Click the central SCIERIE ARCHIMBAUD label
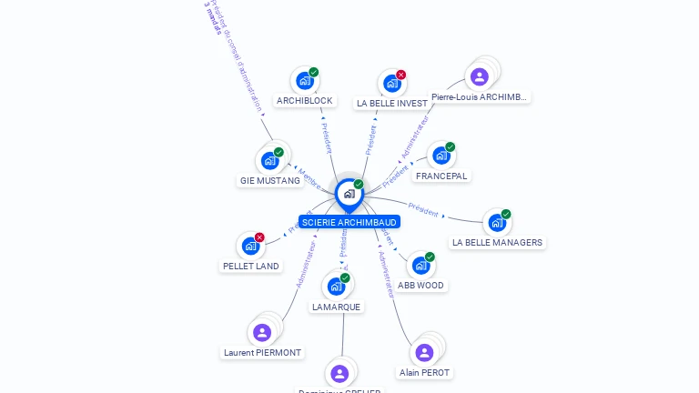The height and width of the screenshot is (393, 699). (349, 222)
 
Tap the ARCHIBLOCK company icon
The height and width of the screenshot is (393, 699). (305, 80)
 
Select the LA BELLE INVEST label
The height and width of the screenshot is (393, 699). (391, 103)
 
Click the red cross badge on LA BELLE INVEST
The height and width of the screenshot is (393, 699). (401, 75)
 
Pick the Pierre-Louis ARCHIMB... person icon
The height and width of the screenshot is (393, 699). (480, 76)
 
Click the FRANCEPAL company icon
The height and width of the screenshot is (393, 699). (441, 156)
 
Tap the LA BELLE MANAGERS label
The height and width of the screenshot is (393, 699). (497, 242)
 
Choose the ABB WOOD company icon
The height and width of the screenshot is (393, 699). (420, 266)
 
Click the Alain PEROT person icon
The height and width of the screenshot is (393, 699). (424, 352)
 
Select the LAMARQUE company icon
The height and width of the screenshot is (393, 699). (336, 287)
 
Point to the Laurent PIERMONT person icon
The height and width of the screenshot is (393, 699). (262, 332)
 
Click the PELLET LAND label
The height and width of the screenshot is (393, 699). (250, 267)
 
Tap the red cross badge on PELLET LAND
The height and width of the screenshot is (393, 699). (259, 237)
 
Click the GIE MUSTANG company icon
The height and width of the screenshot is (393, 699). (269, 161)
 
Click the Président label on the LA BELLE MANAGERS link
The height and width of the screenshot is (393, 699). (423, 208)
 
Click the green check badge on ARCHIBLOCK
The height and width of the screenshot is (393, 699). (314, 72)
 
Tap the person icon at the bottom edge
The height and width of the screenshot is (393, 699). (339, 373)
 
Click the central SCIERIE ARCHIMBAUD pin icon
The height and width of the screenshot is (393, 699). (349, 193)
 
